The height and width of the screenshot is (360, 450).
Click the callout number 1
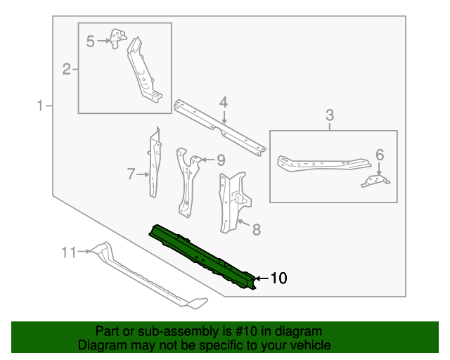41,106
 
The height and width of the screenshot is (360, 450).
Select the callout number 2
67,69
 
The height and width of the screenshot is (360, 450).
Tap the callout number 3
329,115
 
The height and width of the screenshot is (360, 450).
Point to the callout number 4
223,103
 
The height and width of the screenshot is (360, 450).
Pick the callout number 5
90,41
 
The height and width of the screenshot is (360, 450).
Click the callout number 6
379,155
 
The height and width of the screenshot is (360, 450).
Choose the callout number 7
131,174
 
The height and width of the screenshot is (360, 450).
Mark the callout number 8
256,229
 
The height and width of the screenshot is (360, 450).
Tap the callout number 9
220,160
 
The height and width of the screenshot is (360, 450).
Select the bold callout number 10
278,279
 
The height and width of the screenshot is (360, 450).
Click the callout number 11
68,251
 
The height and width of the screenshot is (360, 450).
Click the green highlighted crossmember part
204,257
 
